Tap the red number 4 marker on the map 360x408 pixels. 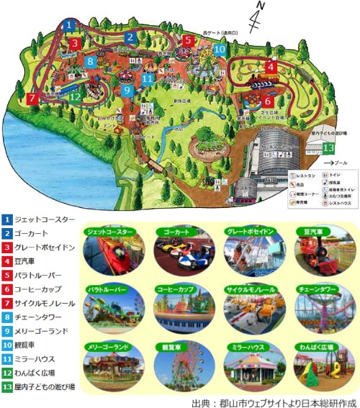tap(271, 67)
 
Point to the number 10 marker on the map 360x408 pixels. tap(220, 50)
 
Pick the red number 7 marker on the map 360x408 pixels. tap(32, 97)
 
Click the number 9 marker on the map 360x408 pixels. tap(126, 91)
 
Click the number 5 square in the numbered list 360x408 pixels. tap(6, 275)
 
